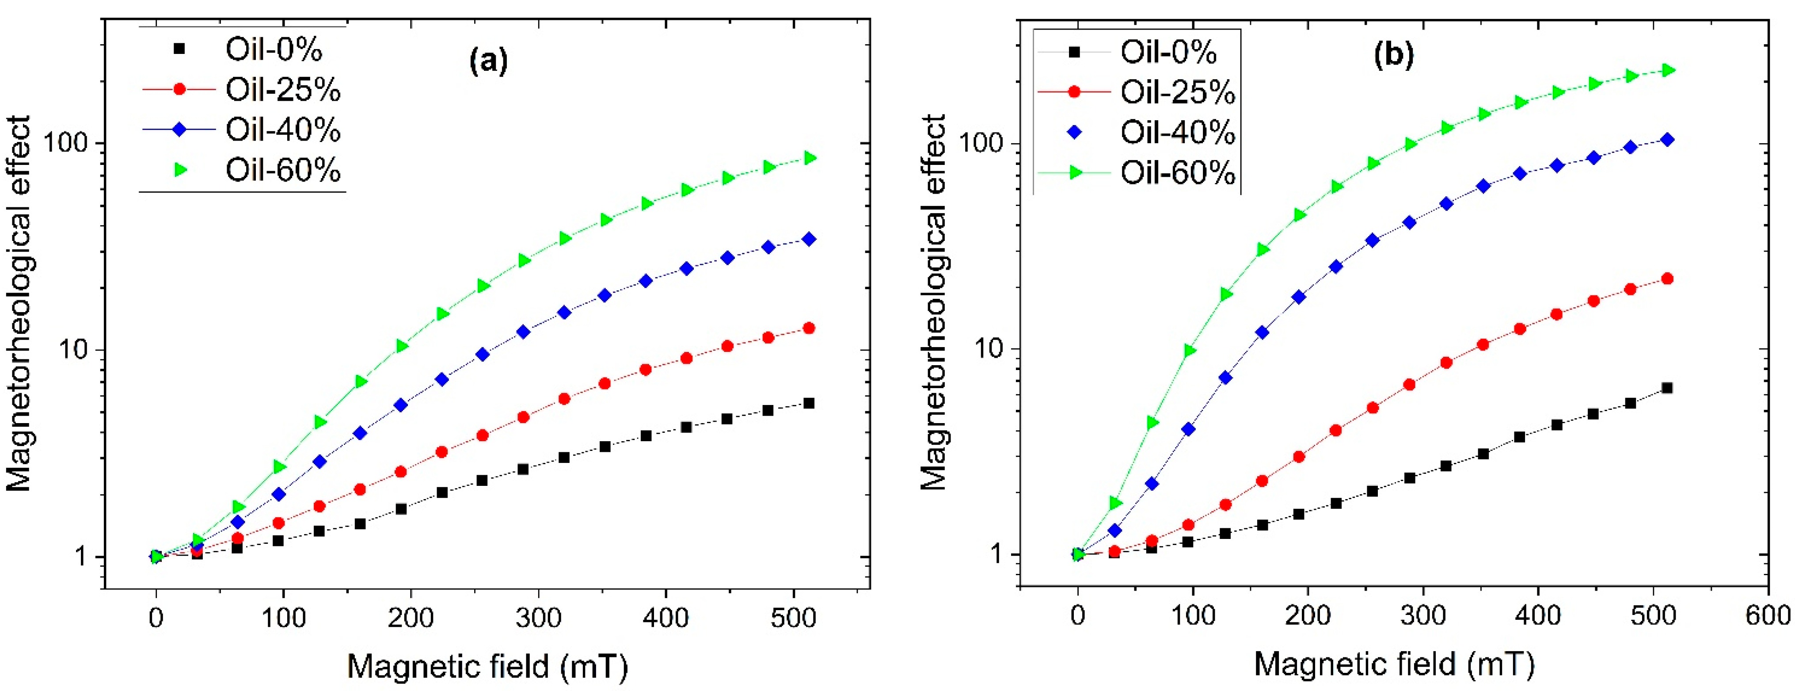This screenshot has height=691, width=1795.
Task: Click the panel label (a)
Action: click(488, 61)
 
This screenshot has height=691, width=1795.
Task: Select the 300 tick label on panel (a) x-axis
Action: click(538, 618)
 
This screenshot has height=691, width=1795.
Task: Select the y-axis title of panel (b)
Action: click(933, 303)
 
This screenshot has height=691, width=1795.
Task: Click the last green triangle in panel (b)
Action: click(1667, 70)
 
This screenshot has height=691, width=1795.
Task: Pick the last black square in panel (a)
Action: click(808, 403)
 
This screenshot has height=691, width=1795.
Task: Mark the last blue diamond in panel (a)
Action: click(808, 239)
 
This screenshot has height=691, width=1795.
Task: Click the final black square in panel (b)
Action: click(1667, 388)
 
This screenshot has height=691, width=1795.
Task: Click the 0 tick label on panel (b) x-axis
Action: click(1078, 616)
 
